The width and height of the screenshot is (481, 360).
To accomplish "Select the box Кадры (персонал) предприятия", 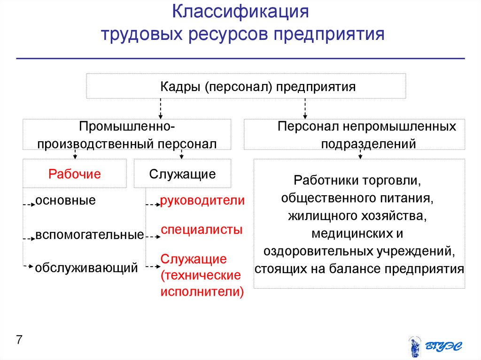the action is tap(246, 87).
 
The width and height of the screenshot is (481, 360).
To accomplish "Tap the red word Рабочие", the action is tap(75, 174).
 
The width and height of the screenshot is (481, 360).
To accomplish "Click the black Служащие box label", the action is tap(182, 174).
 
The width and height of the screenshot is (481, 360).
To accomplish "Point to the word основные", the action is tap(65, 201).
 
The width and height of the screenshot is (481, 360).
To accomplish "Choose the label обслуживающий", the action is tap(86, 268).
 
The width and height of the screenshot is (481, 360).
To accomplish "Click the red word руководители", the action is tap(202, 201).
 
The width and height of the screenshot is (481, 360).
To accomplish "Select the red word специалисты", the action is tap(202, 230).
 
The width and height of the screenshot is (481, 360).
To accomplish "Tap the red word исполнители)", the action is tap(202, 291).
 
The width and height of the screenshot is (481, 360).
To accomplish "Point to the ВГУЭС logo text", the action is tap(444, 346).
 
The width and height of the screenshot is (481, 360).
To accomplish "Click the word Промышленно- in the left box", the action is tap(127, 127).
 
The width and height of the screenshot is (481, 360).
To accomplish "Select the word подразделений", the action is tap(368, 144).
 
